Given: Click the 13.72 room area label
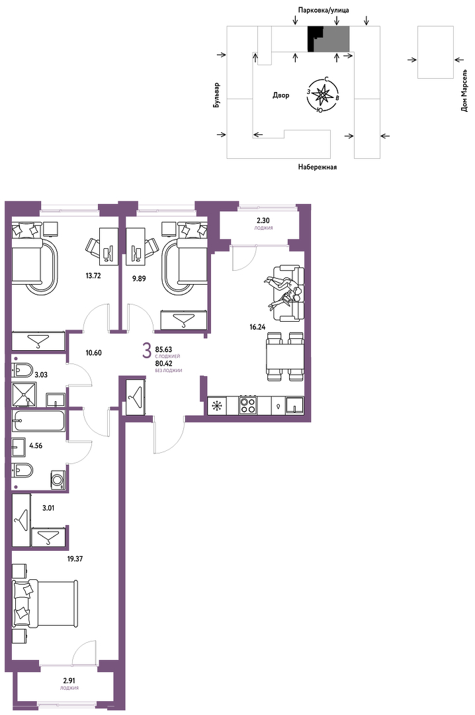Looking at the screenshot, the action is pyautogui.click(x=93, y=275).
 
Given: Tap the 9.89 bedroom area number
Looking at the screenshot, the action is pyautogui.click(x=139, y=279).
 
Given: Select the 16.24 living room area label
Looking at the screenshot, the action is pyautogui.click(x=257, y=326).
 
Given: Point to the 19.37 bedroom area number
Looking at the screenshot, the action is pyautogui.click(x=75, y=559).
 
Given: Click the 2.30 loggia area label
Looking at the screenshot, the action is pyautogui.click(x=263, y=220).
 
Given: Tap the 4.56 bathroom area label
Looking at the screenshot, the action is pyautogui.click(x=36, y=446).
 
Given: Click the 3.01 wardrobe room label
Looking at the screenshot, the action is pyautogui.click(x=48, y=508).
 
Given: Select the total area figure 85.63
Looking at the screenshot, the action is pyautogui.click(x=163, y=350).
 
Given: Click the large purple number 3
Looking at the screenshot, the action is pyautogui.click(x=147, y=351).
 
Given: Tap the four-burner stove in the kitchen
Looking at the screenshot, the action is pyautogui.click(x=249, y=405).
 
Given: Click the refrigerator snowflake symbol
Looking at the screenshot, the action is pyautogui.click(x=217, y=406).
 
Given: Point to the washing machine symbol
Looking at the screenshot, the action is pyautogui.click(x=58, y=480).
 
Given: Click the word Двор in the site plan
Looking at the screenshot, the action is pyautogui.click(x=281, y=95).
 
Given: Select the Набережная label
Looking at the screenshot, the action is pyautogui.click(x=318, y=167).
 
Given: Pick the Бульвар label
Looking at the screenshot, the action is pyautogui.click(x=216, y=95).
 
